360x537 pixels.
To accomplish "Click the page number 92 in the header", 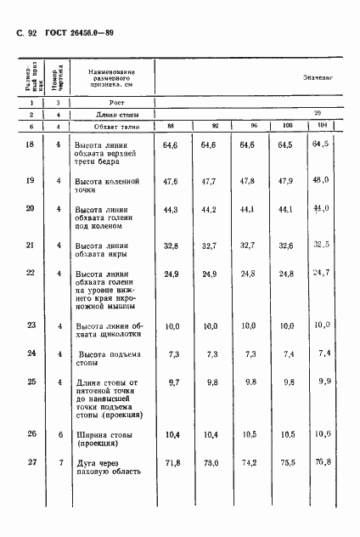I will click(x=33, y=35).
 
